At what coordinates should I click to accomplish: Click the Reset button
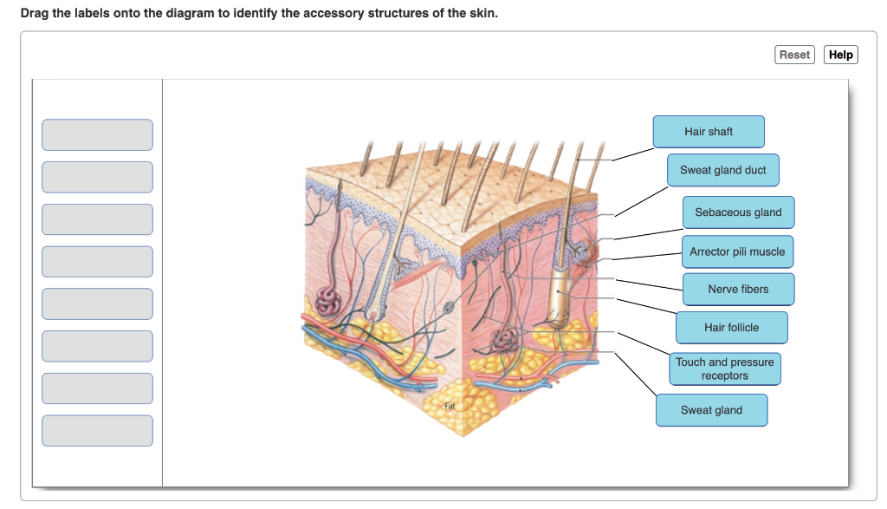click(794, 55)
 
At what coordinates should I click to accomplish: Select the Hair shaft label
click(709, 132)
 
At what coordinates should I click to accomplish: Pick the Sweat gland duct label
click(722, 170)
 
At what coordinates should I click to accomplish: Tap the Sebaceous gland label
click(738, 212)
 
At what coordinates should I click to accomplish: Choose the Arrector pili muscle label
click(737, 251)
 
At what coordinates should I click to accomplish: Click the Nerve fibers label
click(738, 290)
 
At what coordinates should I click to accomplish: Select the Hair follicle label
click(731, 328)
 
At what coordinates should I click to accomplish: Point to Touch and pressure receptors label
click(725, 369)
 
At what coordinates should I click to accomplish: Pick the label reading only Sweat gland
click(711, 410)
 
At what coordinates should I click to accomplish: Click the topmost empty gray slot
click(97, 135)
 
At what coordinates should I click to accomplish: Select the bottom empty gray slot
click(97, 431)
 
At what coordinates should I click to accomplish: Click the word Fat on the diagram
click(450, 406)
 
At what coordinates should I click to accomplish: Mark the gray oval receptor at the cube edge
click(448, 307)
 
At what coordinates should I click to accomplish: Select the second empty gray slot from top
click(97, 177)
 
